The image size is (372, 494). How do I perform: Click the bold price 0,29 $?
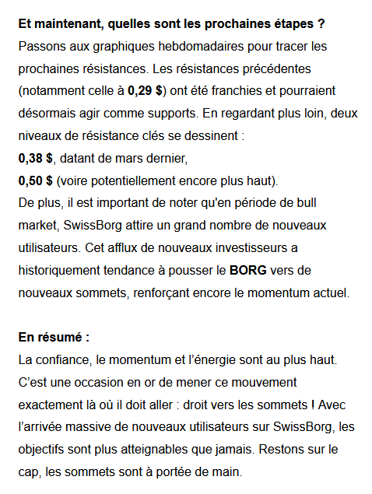pyautogui.click(x=146, y=90)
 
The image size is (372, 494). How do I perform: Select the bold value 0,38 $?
pyautogui.click(x=35, y=158)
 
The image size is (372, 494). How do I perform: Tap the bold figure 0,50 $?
pyautogui.click(x=35, y=180)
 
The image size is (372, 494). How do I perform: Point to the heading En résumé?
pyautogui.click(x=54, y=338)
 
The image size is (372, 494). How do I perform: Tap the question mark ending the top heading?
pyautogui.click(x=321, y=23)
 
